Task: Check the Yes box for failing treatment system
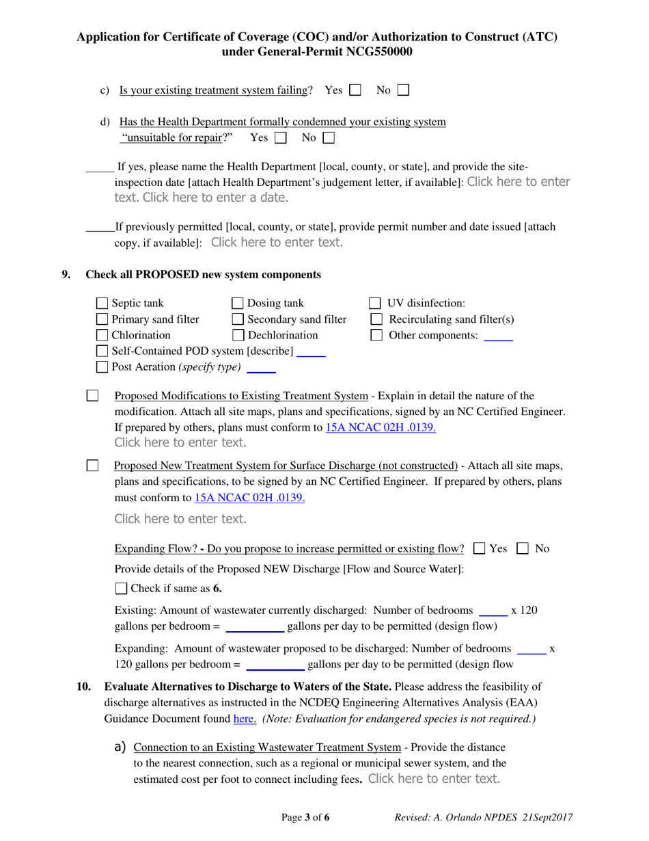click(355, 90)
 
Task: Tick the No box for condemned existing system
click(329, 137)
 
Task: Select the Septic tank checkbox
click(102, 304)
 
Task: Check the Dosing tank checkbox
click(238, 304)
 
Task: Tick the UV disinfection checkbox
click(375, 304)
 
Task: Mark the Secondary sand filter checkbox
click(238, 319)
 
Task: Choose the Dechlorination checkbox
click(238, 335)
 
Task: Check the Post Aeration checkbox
click(102, 367)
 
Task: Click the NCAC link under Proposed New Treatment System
click(249, 498)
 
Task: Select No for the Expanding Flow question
click(523, 548)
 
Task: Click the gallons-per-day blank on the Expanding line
click(275, 664)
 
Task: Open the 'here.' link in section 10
click(245, 719)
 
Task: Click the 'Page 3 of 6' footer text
click(305, 817)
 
